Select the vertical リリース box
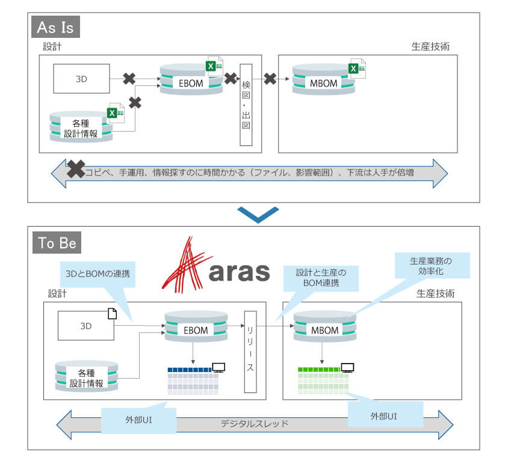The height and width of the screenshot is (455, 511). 249,352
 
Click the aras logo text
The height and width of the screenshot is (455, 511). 238,271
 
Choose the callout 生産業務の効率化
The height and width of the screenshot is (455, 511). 431,266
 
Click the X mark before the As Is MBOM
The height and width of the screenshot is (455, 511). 270,79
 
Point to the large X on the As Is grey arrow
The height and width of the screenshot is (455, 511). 75,169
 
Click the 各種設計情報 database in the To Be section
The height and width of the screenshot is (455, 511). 86,377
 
